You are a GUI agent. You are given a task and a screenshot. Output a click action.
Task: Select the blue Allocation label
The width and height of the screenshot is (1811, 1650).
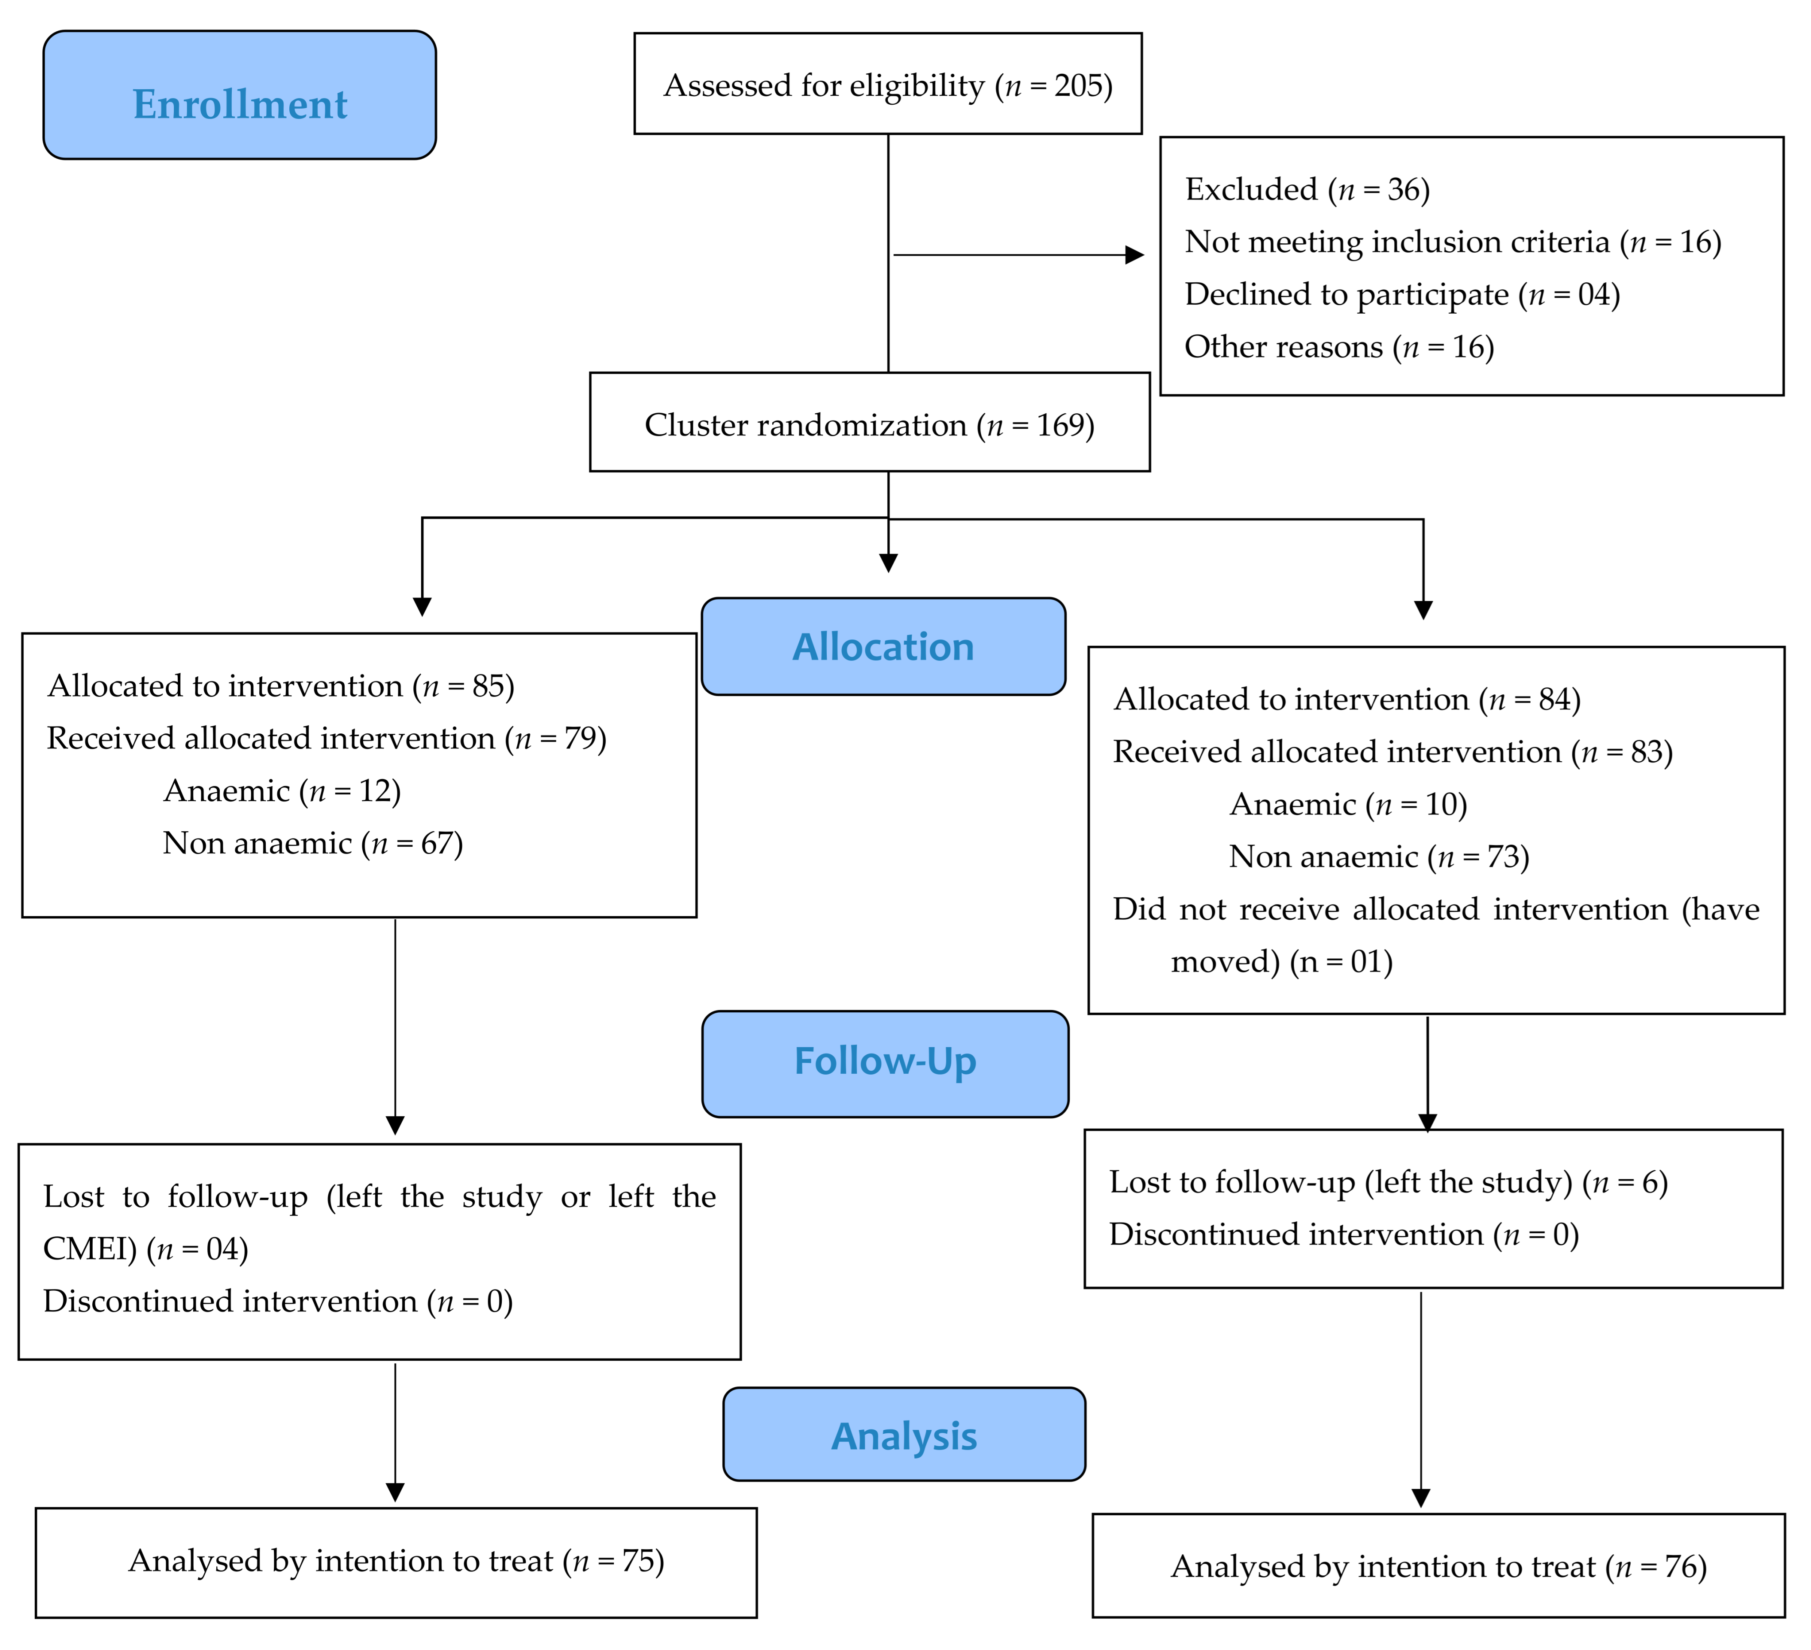pos(883,647)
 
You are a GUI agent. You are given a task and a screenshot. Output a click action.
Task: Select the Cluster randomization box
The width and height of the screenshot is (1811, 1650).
pos(869,424)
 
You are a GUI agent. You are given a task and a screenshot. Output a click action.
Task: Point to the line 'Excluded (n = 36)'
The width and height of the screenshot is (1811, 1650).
pos(1307,190)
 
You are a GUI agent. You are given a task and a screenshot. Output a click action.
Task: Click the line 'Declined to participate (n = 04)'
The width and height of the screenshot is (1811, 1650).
pos(1401,295)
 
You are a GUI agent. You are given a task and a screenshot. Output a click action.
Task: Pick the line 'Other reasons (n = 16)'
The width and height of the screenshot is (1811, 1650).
pos(1338,347)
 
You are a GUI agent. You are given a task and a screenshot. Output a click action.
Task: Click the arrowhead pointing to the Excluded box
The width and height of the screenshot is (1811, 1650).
pos(1135,255)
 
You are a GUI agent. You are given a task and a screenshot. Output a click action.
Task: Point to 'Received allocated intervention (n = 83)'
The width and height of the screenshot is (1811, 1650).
pos(1392,752)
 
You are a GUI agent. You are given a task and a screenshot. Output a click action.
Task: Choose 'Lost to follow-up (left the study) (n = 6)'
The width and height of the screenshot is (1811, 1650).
pos(1388,1182)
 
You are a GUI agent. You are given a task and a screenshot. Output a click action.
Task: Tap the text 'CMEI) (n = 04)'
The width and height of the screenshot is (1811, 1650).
pos(146,1248)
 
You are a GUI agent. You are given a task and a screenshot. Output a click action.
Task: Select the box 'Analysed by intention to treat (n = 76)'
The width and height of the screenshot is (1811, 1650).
pos(1437,1566)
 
